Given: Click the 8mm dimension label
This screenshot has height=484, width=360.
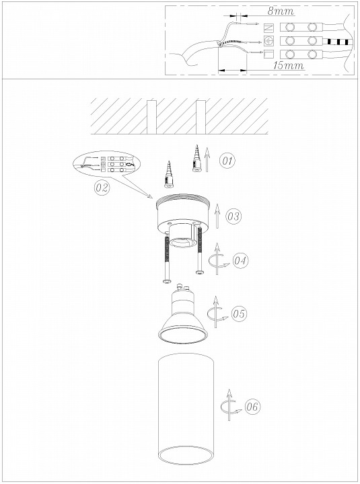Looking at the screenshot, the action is point(281,11).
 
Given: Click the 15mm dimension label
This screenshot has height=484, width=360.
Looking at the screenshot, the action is point(288,65).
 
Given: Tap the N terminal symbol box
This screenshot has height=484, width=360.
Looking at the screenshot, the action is point(269,28).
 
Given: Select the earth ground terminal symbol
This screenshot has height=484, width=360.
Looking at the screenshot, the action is point(269,40).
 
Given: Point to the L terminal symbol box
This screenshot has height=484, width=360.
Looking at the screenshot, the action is point(269,54).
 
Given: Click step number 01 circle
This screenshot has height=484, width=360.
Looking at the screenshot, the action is point(227,161).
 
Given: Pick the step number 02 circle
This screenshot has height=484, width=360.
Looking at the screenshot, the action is point(102,188).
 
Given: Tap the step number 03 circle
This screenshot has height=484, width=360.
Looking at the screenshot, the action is point(233,216).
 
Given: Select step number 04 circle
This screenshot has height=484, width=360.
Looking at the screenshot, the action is point(240,261).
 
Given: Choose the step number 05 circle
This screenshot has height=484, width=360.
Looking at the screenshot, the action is point(239,314).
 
